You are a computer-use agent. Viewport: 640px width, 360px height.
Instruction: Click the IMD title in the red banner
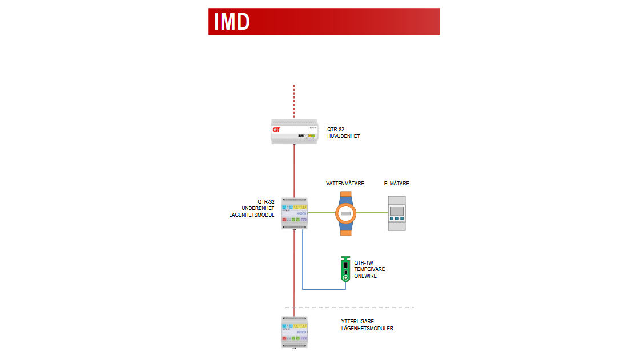(232, 22)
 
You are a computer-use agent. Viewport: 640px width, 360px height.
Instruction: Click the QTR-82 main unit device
(294, 132)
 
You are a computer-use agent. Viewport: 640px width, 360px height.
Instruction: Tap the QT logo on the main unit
(277, 130)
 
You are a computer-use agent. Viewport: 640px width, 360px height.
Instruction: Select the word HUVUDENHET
(344, 137)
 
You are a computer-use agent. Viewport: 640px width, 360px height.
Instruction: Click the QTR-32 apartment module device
(295, 213)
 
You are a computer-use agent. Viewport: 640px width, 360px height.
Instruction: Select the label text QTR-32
(266, 201)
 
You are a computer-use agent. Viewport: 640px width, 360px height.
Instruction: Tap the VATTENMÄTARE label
(345, 184)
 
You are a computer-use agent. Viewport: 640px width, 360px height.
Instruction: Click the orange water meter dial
(345, 213)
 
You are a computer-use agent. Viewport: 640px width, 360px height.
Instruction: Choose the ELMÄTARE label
(397, 184)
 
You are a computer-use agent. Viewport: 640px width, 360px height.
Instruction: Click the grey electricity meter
(397, 213)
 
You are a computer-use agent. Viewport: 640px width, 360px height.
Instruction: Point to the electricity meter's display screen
(397, 211)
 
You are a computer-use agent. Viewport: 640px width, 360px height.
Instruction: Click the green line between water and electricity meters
(372, 213)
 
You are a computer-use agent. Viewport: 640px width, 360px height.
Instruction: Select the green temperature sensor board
(345, 269)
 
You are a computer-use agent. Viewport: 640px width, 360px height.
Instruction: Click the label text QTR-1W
(363, 263)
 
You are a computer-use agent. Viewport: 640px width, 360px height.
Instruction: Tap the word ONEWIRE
(365, 276)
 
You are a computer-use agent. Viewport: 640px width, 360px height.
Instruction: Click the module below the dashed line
(295, 332)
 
